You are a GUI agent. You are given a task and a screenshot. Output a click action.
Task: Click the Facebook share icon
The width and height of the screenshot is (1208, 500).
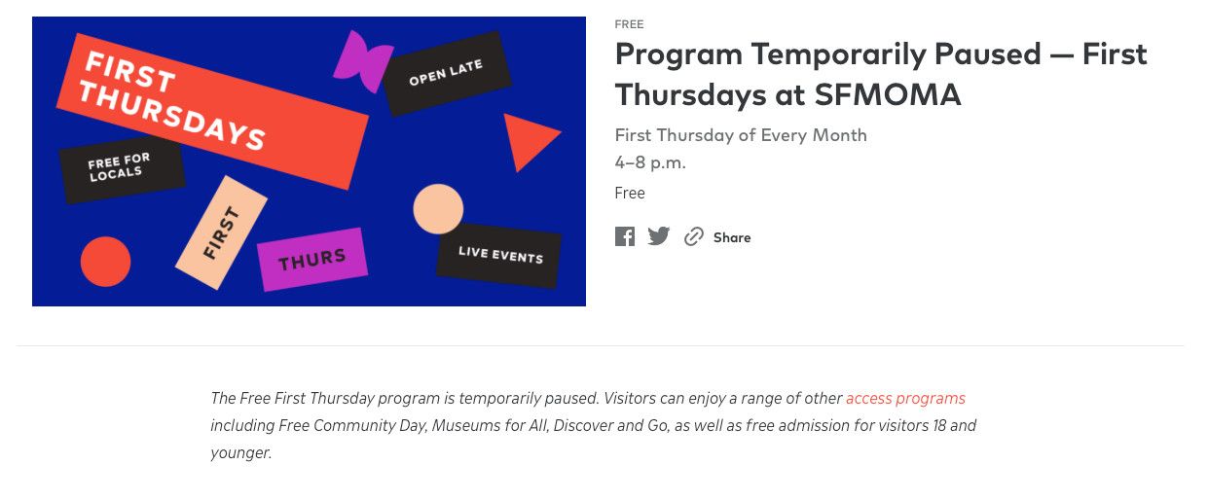pos(625,236)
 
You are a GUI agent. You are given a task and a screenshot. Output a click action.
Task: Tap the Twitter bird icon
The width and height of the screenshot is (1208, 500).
pos(658,236)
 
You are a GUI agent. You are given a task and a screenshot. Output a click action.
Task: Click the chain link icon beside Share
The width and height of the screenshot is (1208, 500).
pos(693,236)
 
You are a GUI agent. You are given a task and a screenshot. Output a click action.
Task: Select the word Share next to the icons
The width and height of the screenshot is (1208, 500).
pos(732,237)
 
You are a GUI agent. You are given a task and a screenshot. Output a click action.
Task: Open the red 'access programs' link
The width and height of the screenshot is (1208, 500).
pos(905,398)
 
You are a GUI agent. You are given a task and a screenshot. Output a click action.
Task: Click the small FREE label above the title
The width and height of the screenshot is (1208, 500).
pos(629,24)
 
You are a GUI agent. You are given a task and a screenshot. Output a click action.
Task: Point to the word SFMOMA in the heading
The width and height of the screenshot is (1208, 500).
pos(888,94)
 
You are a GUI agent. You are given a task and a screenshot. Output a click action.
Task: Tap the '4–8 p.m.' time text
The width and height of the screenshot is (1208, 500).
pos(650,162)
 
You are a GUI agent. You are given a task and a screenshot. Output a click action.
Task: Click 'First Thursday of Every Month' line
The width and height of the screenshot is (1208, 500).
pos(741,134)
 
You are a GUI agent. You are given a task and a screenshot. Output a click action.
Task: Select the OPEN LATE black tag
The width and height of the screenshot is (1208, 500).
pos(447,73)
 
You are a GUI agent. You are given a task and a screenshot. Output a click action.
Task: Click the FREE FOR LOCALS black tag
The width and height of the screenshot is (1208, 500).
pos(122,168)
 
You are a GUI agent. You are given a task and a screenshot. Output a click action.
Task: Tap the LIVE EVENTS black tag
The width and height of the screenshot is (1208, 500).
pos(499,255)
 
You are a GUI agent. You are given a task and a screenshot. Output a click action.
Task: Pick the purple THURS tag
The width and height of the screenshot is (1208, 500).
pos(312,260)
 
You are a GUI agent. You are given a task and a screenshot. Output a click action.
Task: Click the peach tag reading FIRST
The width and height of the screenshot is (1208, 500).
pos(222,232)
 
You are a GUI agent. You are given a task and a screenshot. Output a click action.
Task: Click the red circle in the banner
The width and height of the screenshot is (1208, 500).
pos(105,262)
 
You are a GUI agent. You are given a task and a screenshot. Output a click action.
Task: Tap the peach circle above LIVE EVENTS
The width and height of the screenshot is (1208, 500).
pos(438,209)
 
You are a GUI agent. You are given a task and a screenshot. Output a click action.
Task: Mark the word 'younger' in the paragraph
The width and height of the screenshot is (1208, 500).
pos(240,453)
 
